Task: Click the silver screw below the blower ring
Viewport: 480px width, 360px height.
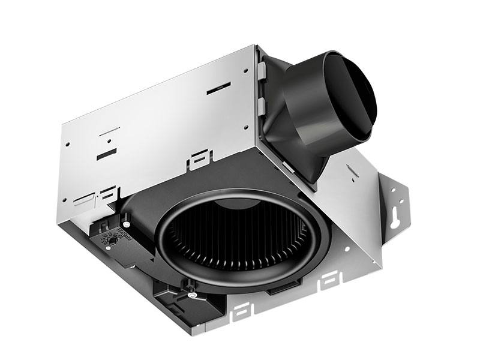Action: pos(191,294)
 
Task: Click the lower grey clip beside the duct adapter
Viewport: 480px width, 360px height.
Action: pos(262,106)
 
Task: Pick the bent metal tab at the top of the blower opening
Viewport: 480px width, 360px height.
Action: pos(200,161)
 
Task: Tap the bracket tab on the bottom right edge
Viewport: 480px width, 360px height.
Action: pos(329,280)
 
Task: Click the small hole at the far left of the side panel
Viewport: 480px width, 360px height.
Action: pos(68,145)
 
